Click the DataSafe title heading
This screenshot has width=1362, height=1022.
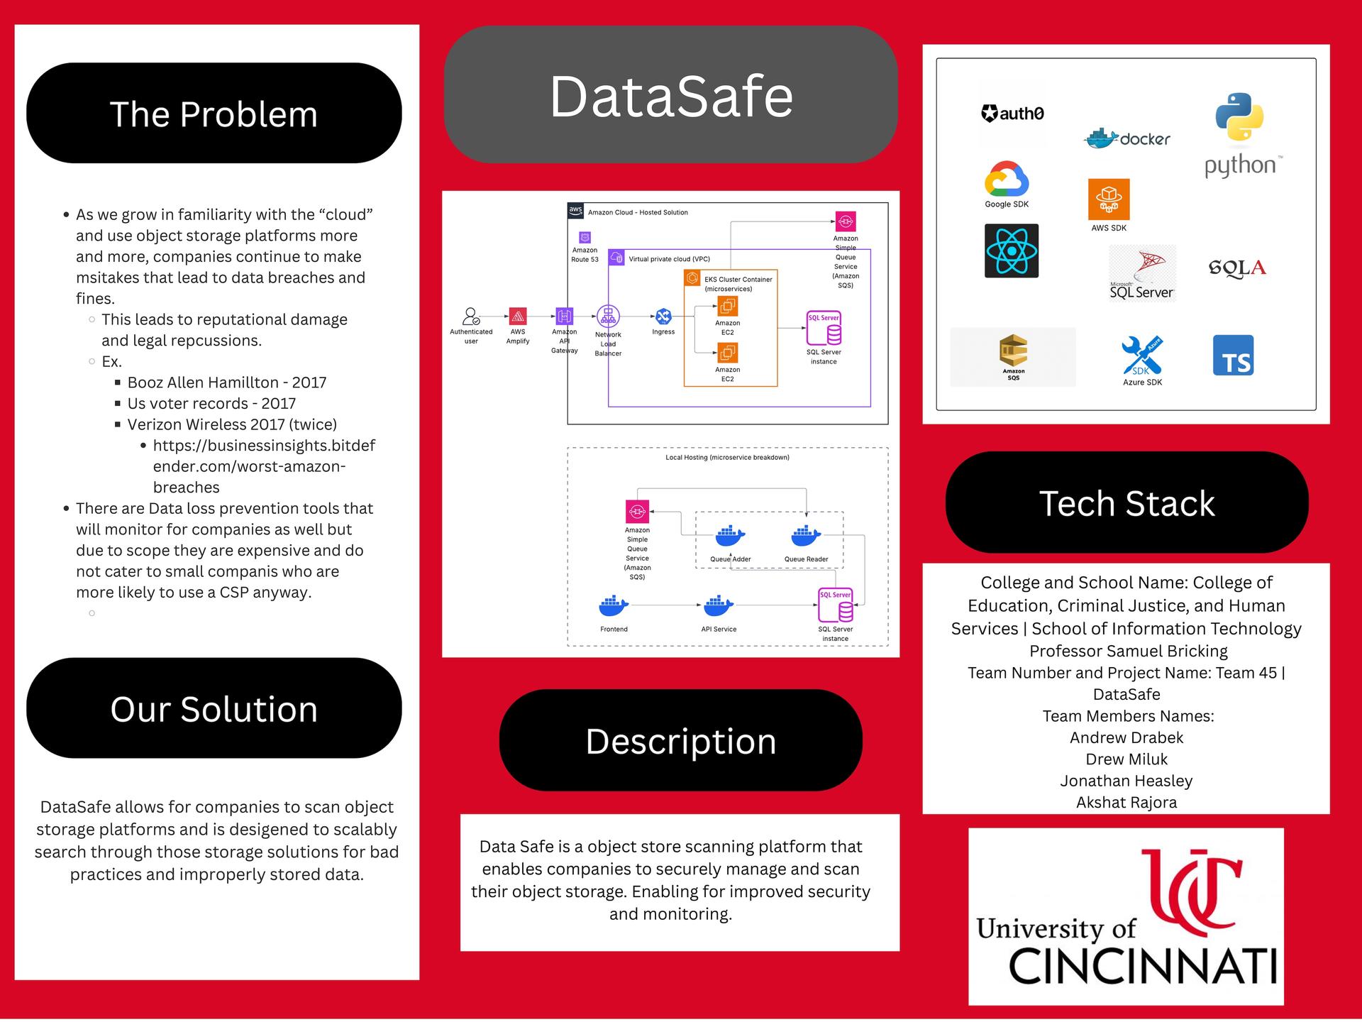tap(671, 97)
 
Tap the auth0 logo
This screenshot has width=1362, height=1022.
tap(1012, 114)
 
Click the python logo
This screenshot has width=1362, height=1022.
tap(1240, 135)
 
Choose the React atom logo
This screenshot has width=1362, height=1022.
tap(1012, 251)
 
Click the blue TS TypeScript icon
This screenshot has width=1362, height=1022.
tap(1233, 356)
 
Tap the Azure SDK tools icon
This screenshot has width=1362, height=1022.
tap(1142, 355)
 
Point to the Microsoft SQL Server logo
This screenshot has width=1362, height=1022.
tap(1142, 274)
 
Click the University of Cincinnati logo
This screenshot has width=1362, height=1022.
tap(1126, 916)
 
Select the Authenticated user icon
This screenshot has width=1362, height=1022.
tap(471, 316)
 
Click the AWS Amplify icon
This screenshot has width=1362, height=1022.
tap(518, 316)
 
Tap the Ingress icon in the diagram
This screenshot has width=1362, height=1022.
tap(663, 316)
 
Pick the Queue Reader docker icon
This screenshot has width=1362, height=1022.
tap(805, 536)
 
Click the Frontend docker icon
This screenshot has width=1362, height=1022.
tap(614, 606)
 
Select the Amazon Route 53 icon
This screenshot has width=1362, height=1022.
tap(585, 237)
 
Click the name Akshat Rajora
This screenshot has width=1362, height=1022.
tap(1126, 802)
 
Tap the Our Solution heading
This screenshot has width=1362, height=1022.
tap(214, 708)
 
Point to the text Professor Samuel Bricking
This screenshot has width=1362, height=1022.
tap(1128, 651)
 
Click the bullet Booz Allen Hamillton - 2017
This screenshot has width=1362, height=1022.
tap(227, 383)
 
